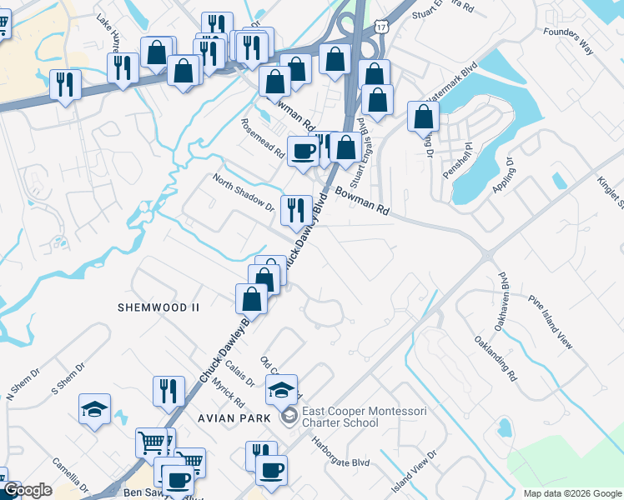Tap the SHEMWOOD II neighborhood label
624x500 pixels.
tap(159, 307)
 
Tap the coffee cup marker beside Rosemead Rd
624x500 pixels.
tap(303, 151)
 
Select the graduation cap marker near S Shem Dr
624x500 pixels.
tap(94, 408)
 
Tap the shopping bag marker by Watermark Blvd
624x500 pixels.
tap(423, 116)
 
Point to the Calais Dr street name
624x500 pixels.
tap(239, 369)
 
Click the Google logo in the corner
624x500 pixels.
tap(28, 490)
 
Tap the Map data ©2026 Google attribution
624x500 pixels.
tap(571, 493)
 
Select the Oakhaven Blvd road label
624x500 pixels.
tap(501, 290)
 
